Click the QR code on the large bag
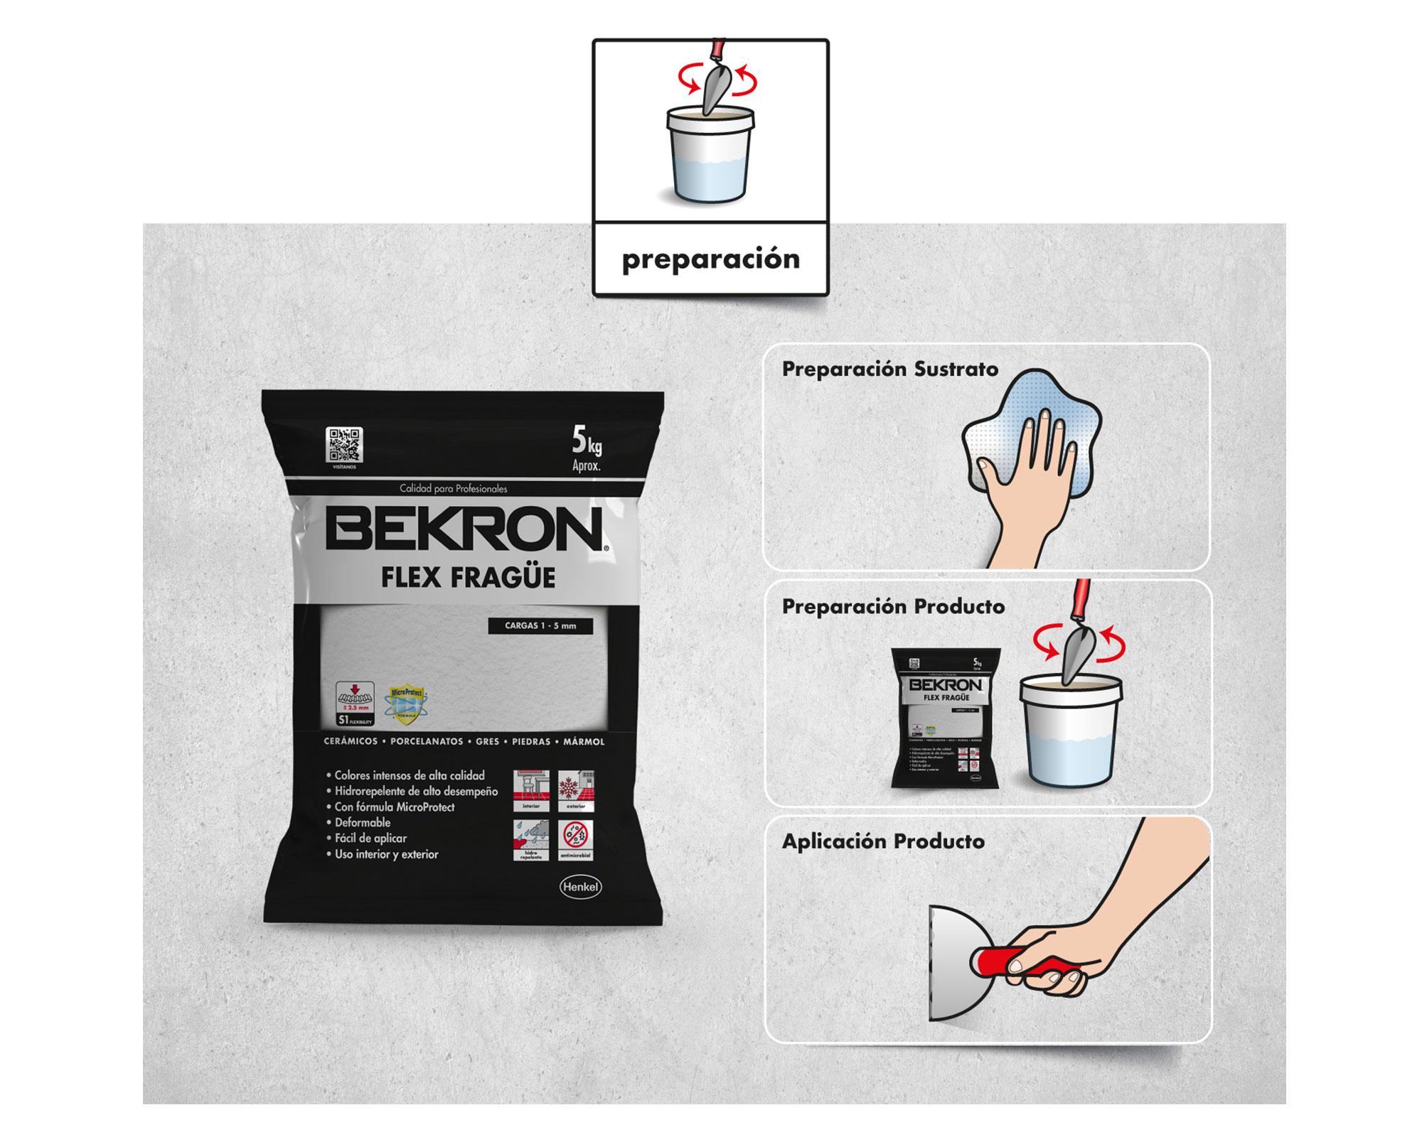point(344,445)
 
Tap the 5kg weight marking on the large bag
point(587,446)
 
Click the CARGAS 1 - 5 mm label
point(540,626)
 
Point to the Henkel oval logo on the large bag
point(581,887)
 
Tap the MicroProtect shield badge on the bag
point(405,705)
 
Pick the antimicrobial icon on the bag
point(576,841)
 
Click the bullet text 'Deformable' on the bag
point(363,822)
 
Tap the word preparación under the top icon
point(710,259)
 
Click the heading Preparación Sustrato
point(889,370)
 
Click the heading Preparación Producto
point(893,606)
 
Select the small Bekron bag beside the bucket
point(946,718)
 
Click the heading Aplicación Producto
point(883,841)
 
